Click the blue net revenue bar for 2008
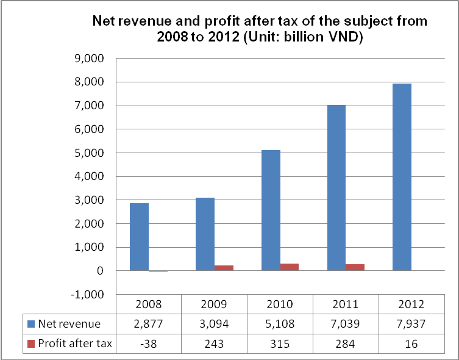[x=139, y=237]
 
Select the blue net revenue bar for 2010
[x=271, y=211]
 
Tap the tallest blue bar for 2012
[x=402, y=177]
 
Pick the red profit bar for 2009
[x=224, y=268]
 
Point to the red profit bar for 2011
[x=355, y=267]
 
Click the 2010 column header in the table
[x=280, y=304]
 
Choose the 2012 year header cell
[x=411, y=304]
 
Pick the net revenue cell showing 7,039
[x=346, y=324]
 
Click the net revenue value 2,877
[x=148, y=324]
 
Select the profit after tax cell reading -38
[x=148, y=344]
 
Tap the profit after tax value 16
[x=411, y=344]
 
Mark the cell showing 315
[x=280, y=344]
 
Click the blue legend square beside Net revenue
[x=31, y=324]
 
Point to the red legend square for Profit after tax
[x=31, y=344]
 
